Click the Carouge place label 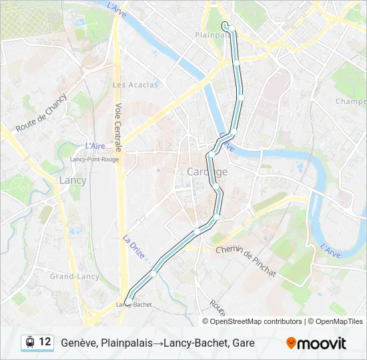[207, 172]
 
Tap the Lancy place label [73, 181]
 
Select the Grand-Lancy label [75, 277]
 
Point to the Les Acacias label [135, 85]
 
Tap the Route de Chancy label [41, 115]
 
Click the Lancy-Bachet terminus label [134, 305]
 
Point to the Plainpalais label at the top [212, 34]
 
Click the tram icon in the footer [29, 343]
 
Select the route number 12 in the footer [45, 342]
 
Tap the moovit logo [316, 343]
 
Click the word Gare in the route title [244, 343]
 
